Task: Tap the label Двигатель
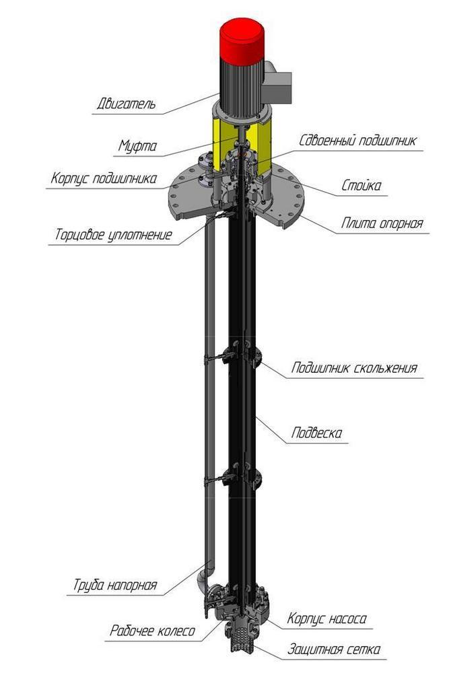pyautogui.click(x=125, y=104)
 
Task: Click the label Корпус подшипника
pyautogui.click(x=104, y=179)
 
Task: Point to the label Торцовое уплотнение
pyautogui.click(x=114, y=236)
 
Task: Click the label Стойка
pyautogui.click(x=360, y=185)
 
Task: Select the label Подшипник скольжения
pyautogui.click(x=354, y=368)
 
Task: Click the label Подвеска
pyautogui.click(x=316, y=433)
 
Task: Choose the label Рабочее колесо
pyautogui.click(x=153, y=631)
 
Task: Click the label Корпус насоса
pyautogui.click(x=327, y=618)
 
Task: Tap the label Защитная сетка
pyautogui.click(x=334, y=649)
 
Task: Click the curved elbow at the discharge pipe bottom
pyautogui.click(x=204, y=577)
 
